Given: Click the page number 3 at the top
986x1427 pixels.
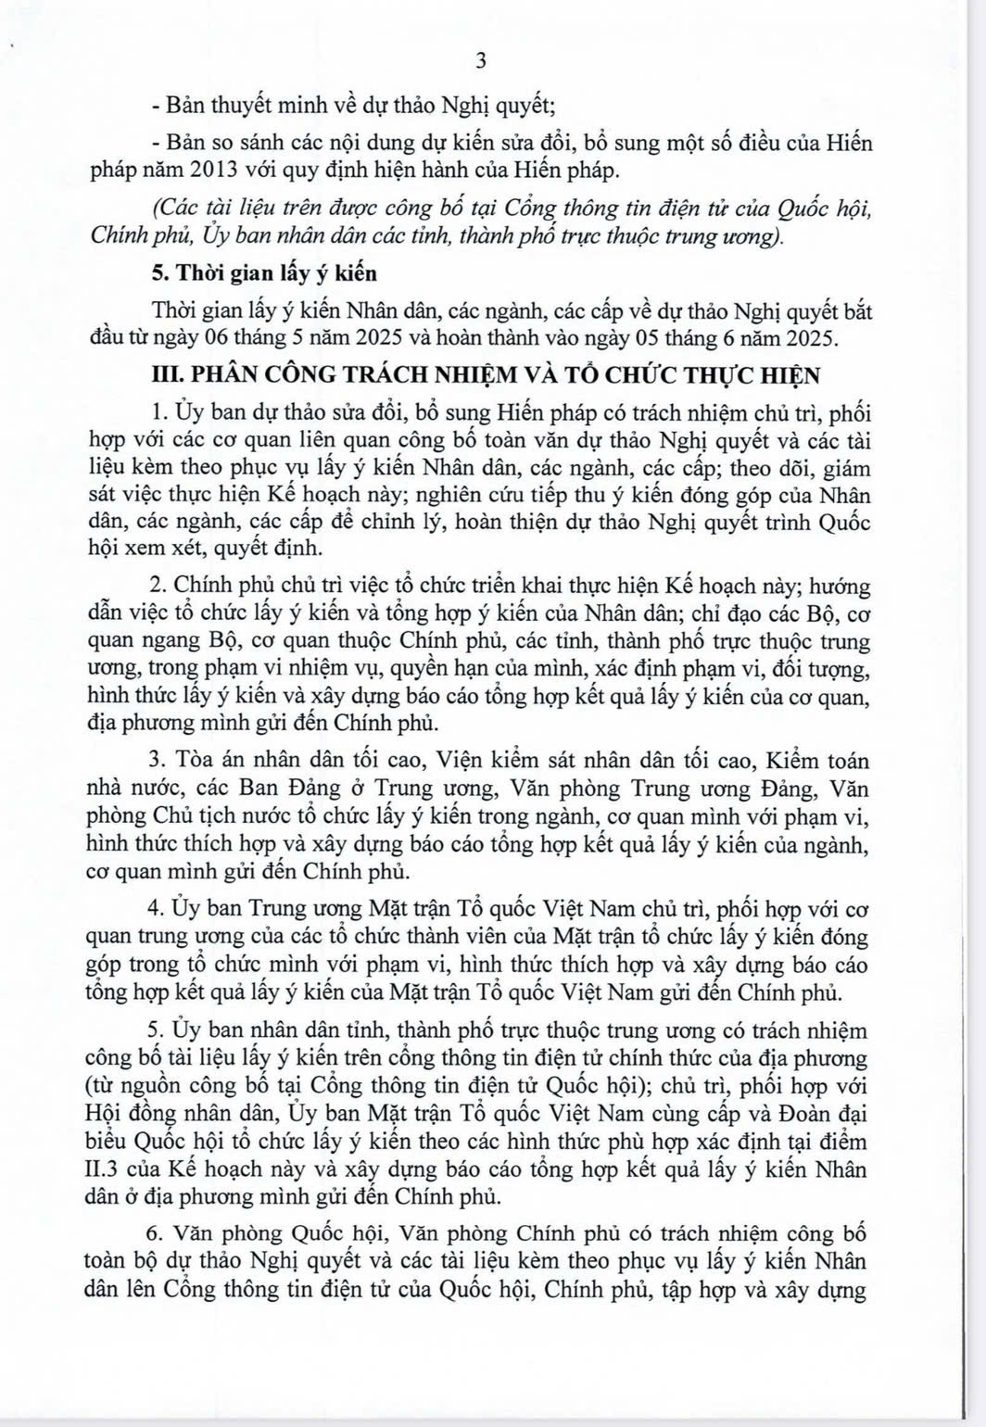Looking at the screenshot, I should (480, 62).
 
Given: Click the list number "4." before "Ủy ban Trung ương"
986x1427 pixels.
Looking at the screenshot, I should (156, 910).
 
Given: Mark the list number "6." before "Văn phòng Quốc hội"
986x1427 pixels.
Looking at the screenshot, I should (156, 1234).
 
